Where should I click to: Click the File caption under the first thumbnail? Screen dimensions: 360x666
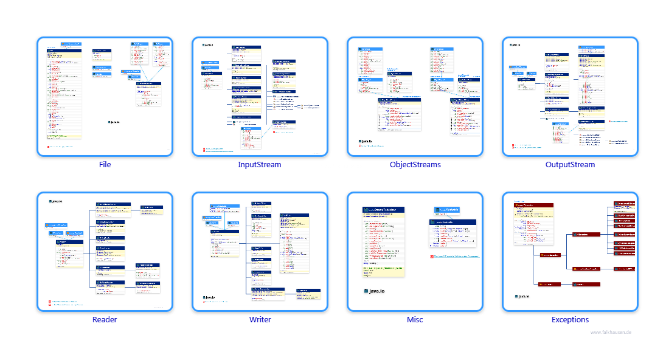coord(105,165)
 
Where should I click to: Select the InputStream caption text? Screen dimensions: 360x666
coord(260,165)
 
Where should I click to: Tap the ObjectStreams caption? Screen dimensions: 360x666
coord(415,165)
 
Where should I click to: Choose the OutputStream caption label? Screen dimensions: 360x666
coord(570,165)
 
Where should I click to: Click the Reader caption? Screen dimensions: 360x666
coord(105,320)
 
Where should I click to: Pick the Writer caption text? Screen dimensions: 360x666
coord(260,320)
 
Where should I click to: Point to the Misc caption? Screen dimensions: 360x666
coord(415,320)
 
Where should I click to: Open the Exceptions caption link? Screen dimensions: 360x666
coord(570,320)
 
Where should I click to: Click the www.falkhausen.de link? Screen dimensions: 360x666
coord(611,332)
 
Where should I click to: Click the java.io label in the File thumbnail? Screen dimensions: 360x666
coord(114,122)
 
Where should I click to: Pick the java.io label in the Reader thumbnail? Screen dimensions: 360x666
coord(57,201)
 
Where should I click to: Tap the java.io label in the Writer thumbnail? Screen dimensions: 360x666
coord(210,297)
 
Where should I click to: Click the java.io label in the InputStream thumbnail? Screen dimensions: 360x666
coord(209,45)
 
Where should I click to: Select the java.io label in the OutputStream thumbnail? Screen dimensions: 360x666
coord(516,45)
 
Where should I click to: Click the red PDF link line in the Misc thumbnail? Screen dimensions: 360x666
coord(454,256)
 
